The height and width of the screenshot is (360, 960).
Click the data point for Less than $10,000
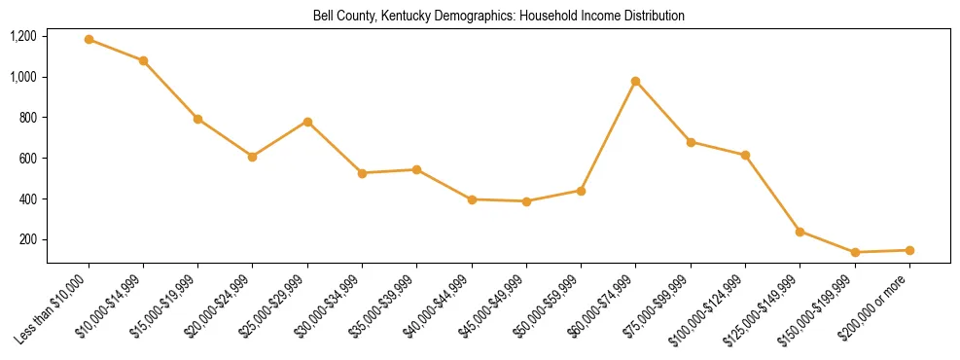[89, 40]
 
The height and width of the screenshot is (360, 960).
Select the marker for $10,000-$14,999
[143, 60]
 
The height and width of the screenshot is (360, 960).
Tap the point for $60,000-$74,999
[635, 81]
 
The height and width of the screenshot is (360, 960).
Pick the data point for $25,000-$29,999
[307, 122]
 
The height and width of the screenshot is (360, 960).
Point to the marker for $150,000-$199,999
[855, 252]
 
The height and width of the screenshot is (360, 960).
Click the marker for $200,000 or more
[909, 250]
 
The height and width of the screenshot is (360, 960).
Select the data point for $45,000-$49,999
[526, 201]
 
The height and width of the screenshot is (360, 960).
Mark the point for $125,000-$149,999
[800, 232]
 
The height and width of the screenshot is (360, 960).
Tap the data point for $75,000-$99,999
[691, 142]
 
